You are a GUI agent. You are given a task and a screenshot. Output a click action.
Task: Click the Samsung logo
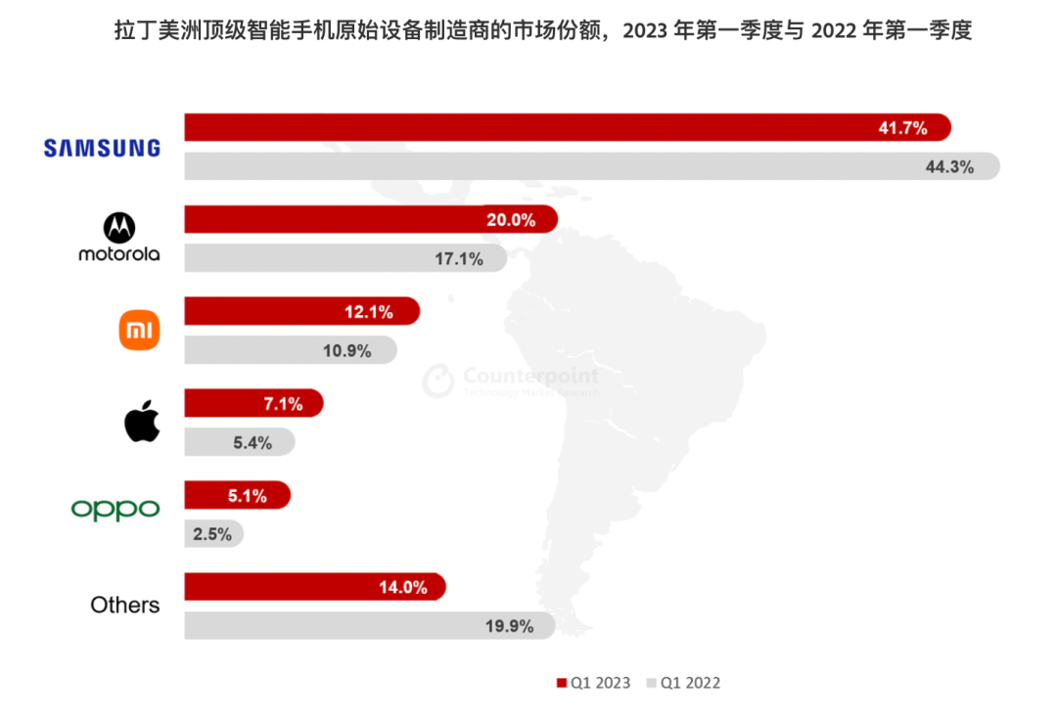point(101,148)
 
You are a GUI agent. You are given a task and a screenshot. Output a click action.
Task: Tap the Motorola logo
point(119,239)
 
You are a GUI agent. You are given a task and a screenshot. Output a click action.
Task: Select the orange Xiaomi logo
point(139,331)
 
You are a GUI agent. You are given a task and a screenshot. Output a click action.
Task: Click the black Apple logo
point(142,421)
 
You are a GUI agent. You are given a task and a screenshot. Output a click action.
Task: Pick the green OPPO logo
point(115,510)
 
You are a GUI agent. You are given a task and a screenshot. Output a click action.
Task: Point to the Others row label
point(124,605)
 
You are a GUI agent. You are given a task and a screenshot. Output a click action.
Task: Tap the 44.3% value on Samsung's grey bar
point(949,166)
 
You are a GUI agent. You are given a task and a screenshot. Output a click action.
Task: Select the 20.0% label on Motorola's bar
point(511,220)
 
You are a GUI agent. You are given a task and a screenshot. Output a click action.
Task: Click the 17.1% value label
point(460,259)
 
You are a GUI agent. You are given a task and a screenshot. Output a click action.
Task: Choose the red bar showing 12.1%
point(301,311)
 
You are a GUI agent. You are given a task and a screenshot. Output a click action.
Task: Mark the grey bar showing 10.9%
point(290,350)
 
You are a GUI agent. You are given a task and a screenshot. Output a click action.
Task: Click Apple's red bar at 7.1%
point(253,402)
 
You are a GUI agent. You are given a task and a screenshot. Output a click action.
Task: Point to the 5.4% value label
point(252,442)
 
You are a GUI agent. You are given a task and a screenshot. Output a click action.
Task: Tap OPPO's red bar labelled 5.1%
point(237,495)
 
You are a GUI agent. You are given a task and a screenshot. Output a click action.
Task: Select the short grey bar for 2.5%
point(213,534)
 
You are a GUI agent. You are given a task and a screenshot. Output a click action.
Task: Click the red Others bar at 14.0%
point(314,587)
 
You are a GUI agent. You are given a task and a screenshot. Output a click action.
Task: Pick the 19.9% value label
point(510,626)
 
